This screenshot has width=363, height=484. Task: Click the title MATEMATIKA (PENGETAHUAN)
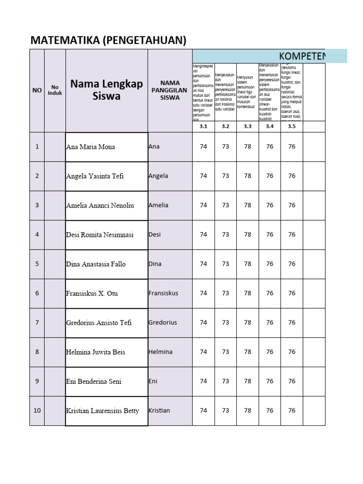tap(108, 41)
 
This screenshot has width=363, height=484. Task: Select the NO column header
tap(37, 90)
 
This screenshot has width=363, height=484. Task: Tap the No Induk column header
tap(55, 90)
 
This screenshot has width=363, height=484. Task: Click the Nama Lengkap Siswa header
tap(106, 90)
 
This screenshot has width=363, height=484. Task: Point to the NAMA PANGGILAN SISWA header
tap(170, 90)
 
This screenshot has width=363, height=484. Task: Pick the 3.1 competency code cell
tap(203, 126)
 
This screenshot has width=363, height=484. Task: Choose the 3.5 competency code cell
tap(292, 126)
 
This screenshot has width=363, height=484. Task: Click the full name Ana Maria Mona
tap(90, 147)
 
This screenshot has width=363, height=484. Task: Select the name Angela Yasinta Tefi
tap(95, 176)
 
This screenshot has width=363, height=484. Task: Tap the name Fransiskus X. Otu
tap(92, 293)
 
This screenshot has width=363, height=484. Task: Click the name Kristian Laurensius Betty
tap(103, 410)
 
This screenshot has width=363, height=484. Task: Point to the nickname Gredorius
tap(163, 322)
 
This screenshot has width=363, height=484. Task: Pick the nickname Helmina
tap(160, 352)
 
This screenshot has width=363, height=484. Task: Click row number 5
tap(37, 264)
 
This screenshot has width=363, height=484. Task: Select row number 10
tap(37, 410)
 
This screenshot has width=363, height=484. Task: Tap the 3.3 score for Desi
tap(248, 234)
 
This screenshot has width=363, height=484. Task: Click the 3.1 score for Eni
tap(203, 381)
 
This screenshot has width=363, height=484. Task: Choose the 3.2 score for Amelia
tap(225, 205)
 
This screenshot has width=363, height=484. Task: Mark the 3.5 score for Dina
tap(292, 264)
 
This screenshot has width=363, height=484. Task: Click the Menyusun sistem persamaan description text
tap(247, 92)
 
